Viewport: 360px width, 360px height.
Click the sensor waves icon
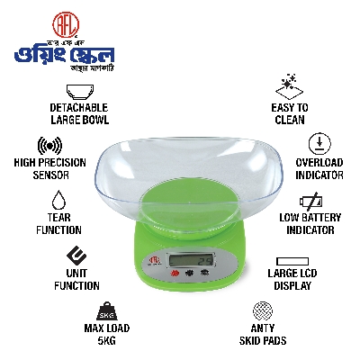(49, 146)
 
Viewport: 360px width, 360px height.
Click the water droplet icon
(59, 200)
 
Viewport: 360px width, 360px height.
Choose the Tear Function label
(59, 223)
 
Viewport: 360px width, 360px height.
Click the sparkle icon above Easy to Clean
(289, 87)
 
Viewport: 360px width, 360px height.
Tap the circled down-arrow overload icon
(317, 143)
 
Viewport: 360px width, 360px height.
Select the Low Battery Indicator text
(307, 224)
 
